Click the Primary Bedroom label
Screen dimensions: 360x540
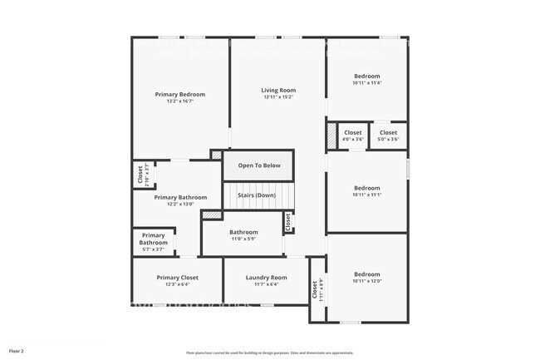tap(179, 94)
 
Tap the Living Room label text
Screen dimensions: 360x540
tap(278, 90)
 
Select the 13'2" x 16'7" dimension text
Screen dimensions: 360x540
tap(179, 101)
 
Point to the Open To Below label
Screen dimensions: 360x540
tap(259, 165)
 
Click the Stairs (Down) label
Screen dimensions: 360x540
tap(257, 195)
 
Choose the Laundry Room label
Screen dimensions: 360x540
tap(266, 277)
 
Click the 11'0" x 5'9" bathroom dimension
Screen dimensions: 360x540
tap(243, 239)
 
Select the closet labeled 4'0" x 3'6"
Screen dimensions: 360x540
tap(353, 136)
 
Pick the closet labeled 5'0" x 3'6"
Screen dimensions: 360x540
tap(389, 136)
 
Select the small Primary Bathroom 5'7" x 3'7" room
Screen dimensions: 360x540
tap(153, 241)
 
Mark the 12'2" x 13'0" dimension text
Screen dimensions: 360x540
tap(179, 205)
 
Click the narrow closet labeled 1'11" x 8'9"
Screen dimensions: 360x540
tap(316, 289)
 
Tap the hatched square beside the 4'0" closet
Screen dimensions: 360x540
tap(331, 135)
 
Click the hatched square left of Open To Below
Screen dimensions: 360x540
tap(216, 155)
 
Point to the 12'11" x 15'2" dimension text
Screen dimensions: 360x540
tap(278, 97)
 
